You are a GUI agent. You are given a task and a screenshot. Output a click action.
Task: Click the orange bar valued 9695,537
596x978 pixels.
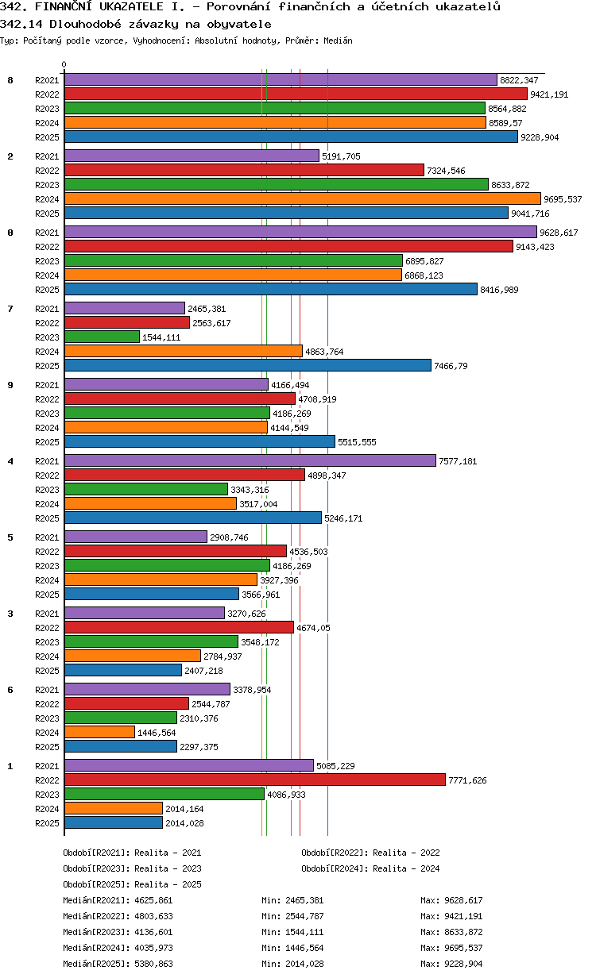302,199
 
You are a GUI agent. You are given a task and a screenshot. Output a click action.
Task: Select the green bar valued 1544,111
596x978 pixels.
103,337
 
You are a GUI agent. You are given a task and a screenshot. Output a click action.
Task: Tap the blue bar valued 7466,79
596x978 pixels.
248,365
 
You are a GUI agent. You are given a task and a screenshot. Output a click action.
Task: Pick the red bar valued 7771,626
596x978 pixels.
255,780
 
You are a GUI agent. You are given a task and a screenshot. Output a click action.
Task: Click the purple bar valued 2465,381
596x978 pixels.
125,308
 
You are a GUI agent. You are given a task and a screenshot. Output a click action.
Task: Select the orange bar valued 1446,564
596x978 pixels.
99,732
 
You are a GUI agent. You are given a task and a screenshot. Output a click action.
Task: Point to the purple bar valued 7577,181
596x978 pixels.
250,460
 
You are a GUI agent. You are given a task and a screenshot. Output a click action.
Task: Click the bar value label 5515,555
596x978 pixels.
357,442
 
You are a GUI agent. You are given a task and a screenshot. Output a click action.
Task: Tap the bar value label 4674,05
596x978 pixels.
313,628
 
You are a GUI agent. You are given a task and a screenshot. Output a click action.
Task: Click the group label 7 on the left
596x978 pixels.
10,309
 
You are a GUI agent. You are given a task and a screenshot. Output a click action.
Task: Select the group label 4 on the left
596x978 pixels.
10,461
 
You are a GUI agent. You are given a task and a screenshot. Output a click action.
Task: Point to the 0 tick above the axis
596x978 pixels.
64,64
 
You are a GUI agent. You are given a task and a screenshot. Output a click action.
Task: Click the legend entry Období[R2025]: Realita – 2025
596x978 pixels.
133,884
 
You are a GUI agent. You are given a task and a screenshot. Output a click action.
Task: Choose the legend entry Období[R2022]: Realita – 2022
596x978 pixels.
370,853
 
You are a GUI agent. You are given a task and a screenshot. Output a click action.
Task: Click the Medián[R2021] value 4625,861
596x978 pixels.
154,900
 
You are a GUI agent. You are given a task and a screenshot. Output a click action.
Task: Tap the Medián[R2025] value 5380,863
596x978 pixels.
154,964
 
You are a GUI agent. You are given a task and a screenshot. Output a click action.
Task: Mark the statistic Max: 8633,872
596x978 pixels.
451,932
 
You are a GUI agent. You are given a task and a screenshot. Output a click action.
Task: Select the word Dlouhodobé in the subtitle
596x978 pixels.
85,24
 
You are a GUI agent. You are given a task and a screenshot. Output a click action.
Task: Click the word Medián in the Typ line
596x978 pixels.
338,40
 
